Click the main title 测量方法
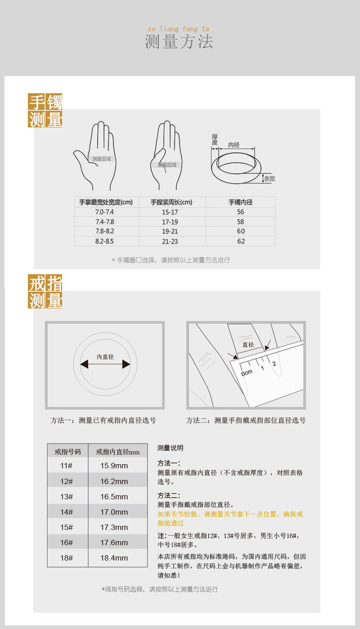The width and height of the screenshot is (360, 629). [x=179, y=41]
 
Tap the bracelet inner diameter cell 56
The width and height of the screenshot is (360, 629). [x=241, y=212]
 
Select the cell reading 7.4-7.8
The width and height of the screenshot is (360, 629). [x=105, y=222]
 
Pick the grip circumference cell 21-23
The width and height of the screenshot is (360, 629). [x=170, y=242]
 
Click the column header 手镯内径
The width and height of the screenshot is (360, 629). [x=241, y=202]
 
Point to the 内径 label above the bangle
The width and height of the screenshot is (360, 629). [x=234, y=145]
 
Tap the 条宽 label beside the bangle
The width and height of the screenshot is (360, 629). [x=269, y=179]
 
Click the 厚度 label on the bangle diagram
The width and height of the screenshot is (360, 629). [x=215, y=140]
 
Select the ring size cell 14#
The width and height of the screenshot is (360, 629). [x=67, y=512]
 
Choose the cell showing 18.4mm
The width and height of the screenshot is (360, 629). [x=114, y=558]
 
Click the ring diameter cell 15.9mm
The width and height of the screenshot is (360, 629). [x=114, y=466]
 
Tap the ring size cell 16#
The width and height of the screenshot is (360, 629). [x=67, y=543]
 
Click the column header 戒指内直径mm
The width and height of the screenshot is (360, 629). [x=117, y=452]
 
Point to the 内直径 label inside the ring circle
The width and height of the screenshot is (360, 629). [x=105, y=357]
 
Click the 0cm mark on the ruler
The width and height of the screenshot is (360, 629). [x=247, y=372]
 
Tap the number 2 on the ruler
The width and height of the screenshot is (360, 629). [x=274, y=364]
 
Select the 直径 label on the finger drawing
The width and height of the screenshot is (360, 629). [x=248, y=345]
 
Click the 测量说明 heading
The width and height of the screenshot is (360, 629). [x=170, y=448]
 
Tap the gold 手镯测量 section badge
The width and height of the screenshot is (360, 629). [x=45, y=111]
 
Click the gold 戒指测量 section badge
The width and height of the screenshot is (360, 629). [x=45, y=292]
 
